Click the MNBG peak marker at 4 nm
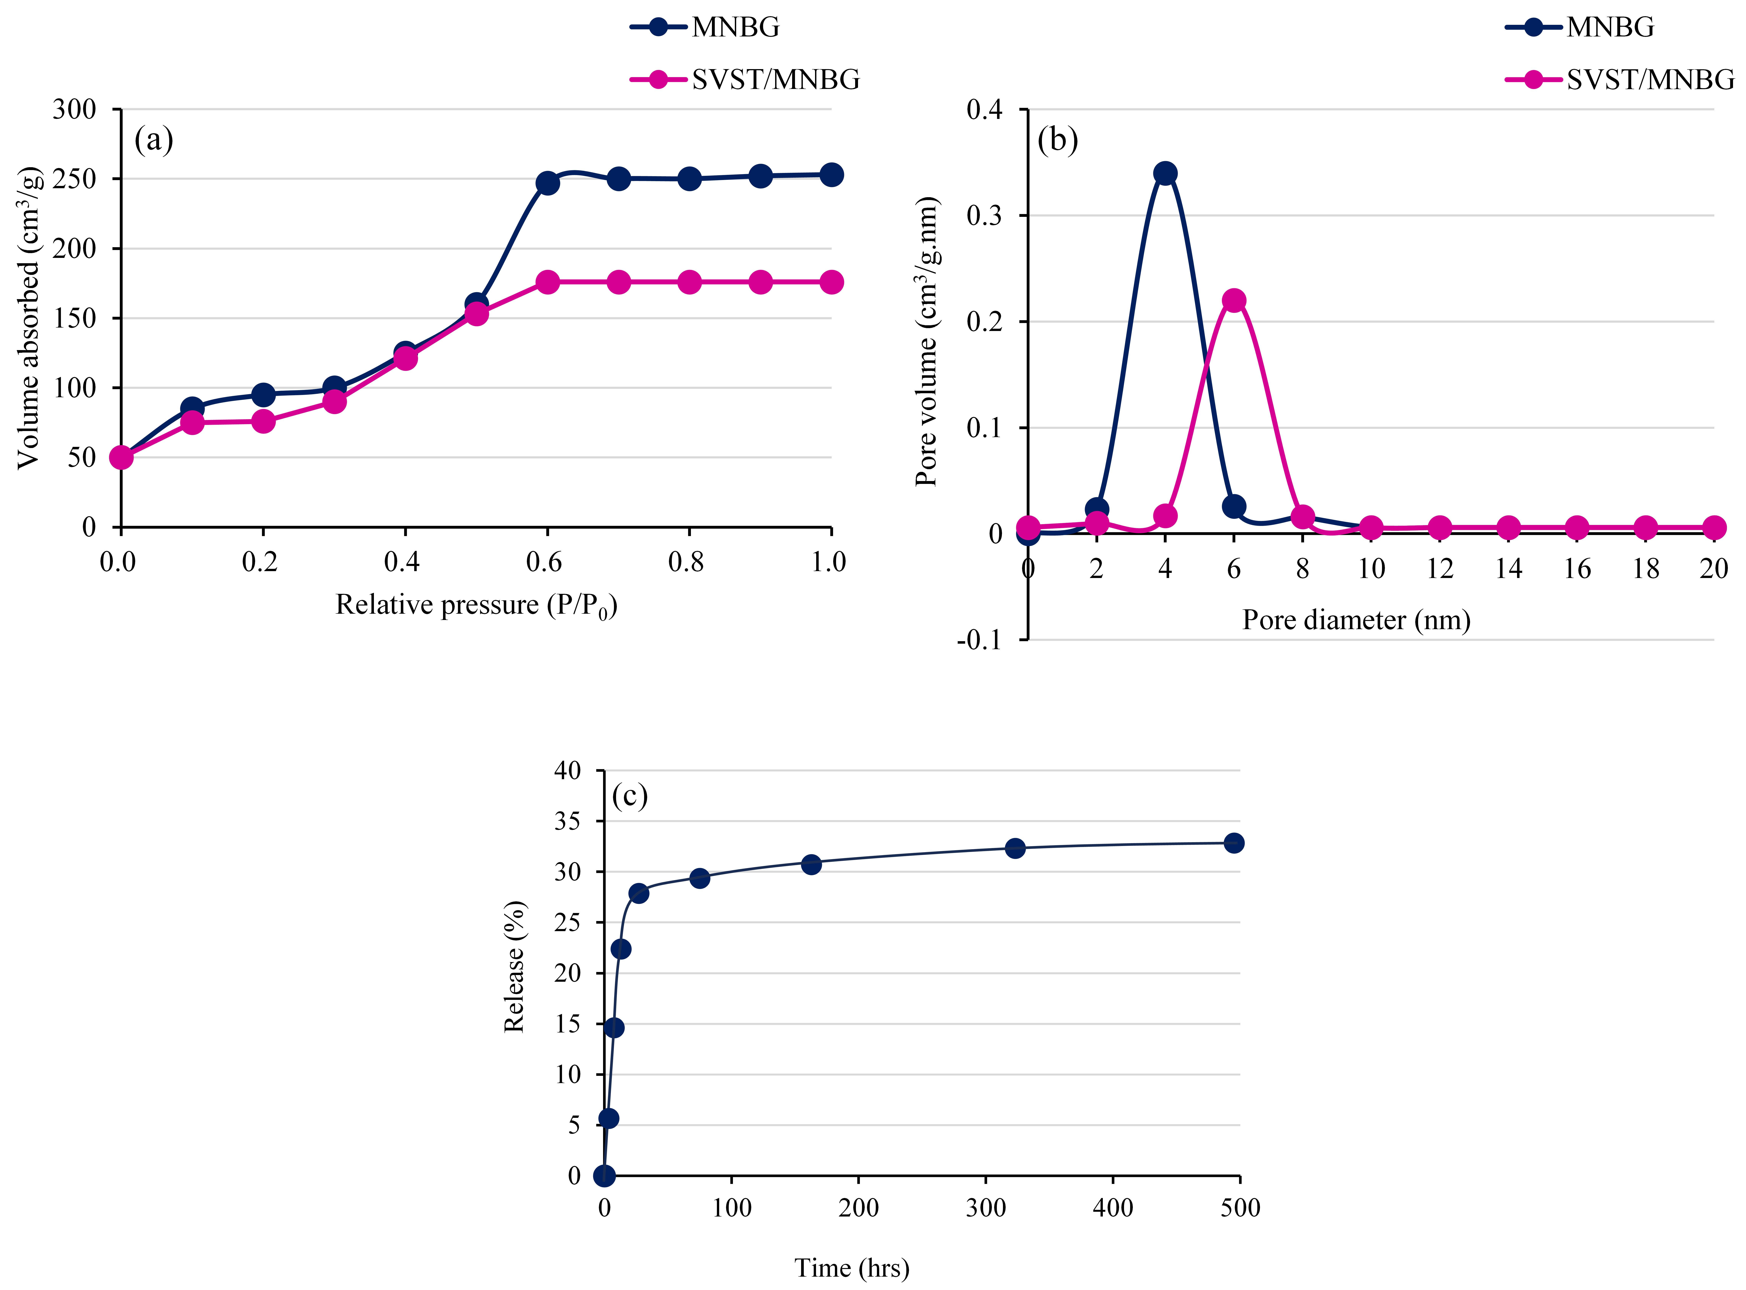(x=1165, y=173)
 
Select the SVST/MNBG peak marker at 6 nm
(x=1233, y=301)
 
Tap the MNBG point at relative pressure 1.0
(x=831, y=175)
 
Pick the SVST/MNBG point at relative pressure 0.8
(x=689, y=282)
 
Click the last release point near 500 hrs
(x=1233, y=843)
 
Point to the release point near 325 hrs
(x=1015, y=848)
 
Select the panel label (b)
(x=1057, y=140)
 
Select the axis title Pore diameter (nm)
(x=1356, y=620)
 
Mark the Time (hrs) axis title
(x=852, y=1267)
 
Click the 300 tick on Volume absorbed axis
(x=74, y=109)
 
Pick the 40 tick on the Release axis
(x=568, y=771)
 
